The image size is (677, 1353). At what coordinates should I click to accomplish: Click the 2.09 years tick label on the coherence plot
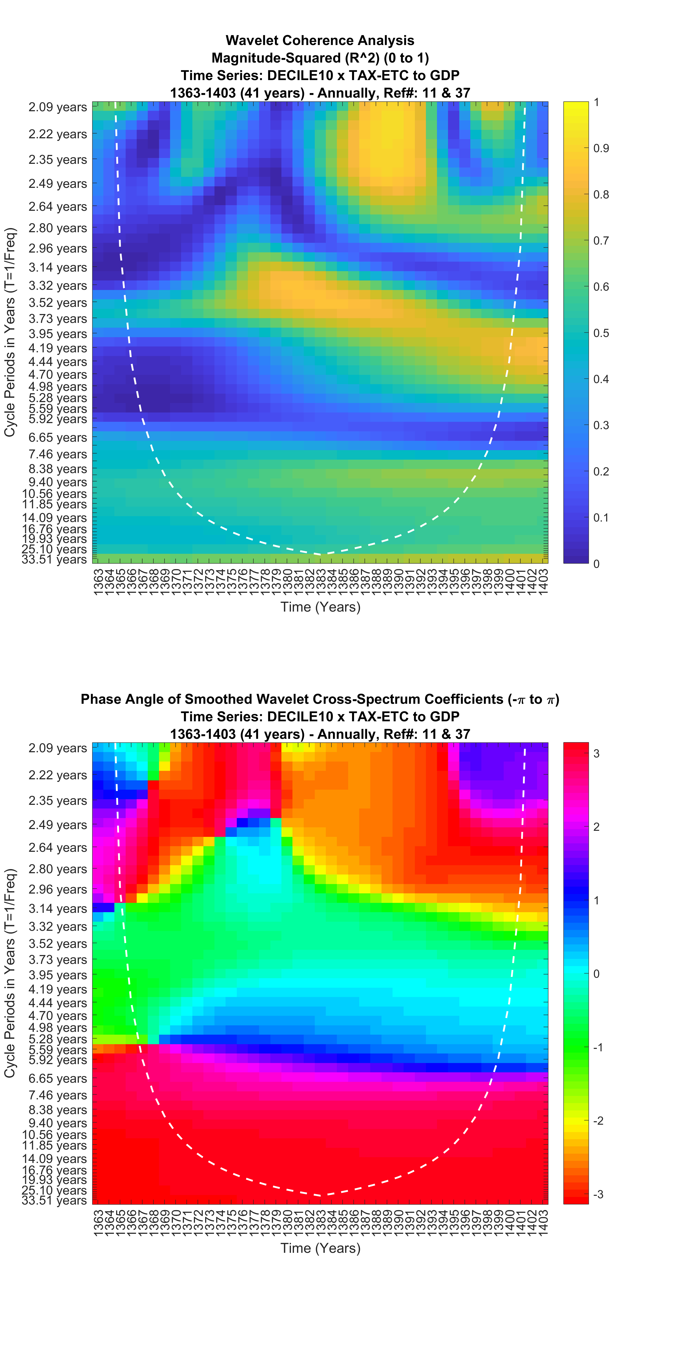coord(58,107)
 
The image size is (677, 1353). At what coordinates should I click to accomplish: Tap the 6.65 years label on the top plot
coord(58,438)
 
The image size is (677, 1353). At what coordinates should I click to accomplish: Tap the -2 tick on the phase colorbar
coord(598,1120)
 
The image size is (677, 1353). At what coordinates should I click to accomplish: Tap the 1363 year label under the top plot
coord(98,581)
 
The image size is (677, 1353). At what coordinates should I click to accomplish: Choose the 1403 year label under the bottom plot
coord(543,1222)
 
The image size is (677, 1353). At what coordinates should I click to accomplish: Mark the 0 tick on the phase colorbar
coord(597,974)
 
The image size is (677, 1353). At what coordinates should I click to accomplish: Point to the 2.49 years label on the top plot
coord(58,184)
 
